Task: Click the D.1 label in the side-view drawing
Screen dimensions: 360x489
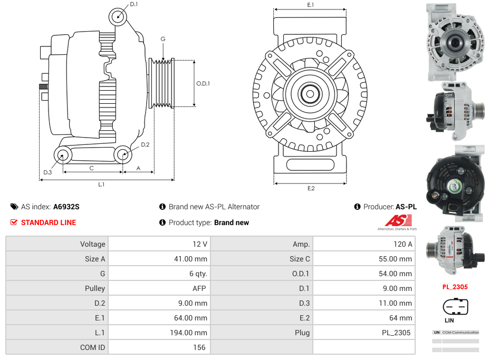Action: point(133,4)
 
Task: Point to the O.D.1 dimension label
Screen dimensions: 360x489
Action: point(203,83)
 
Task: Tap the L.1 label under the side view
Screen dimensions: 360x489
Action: point(101,184)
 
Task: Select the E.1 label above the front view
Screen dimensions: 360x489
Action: point(311,5)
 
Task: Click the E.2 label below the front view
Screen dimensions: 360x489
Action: point(311,189)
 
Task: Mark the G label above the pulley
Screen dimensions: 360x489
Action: point(163,39)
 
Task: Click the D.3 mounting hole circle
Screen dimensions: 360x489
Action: point(63,155)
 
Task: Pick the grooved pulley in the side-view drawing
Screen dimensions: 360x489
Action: point(162,83)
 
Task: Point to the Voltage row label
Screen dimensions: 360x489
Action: point(92,244)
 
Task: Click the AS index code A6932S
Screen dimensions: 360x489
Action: point(66,207)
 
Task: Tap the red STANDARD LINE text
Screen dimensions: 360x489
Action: point(48,222)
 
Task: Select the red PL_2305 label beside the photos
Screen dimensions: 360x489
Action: point(455,287)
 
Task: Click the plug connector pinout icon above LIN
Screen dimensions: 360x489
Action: point(455,306)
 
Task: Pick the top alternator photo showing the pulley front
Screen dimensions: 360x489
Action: point(455,42)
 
